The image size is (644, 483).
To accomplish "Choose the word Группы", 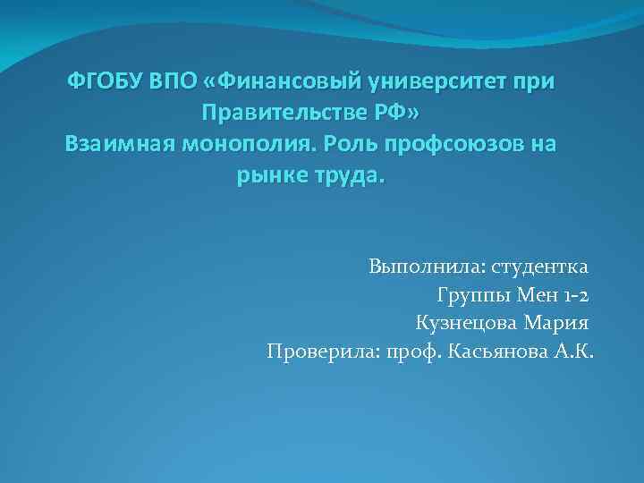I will coord(471,295).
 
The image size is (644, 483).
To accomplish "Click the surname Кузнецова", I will coord(473,323).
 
